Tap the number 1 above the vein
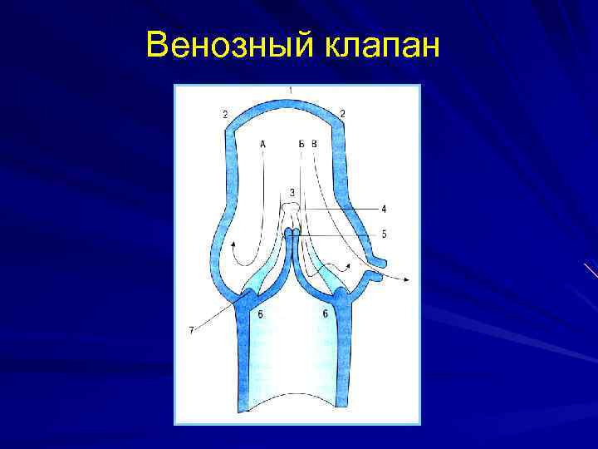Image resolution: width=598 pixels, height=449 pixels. pyautogui.click(x=291, y=89)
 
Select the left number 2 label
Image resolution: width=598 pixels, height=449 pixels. pyautogui.click(x=225, y=113)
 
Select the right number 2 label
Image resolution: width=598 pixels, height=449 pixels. pyautogui.click(x=343, y=113)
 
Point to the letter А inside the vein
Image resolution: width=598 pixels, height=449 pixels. pyautogui.click(x=262, y=144)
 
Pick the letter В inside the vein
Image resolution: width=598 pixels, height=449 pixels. pyautogui.click(x=314, y=144)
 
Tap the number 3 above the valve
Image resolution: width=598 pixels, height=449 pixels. pyautogui.click(x=292, y=193)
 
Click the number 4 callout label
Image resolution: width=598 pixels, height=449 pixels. pyautogui.click(x=384, y=208)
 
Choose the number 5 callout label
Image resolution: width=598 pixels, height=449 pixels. pyautogui.click(x=384, y=234)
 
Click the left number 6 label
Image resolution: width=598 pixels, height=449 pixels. pyautogui.click(x=261, y=313)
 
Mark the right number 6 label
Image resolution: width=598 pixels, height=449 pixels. pyautogui.click(x=325, y=313)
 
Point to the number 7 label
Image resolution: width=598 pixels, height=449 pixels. pyautogui.click(x=192, y=330)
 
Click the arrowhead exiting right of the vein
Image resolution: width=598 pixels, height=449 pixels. pyautogui.click(x=405, y=279)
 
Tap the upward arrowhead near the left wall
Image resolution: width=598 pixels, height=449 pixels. pyautogui.click(x=234, y=243)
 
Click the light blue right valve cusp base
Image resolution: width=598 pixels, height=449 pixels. pyautogui.click(x=331, y=283)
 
